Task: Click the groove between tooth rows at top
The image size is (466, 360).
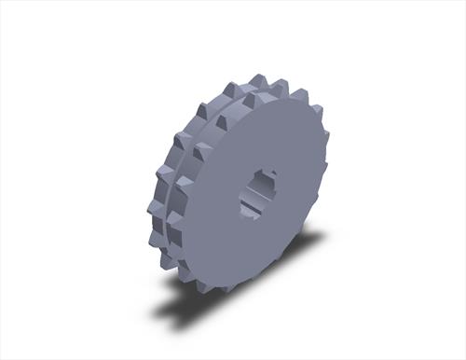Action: tap(244, 96)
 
